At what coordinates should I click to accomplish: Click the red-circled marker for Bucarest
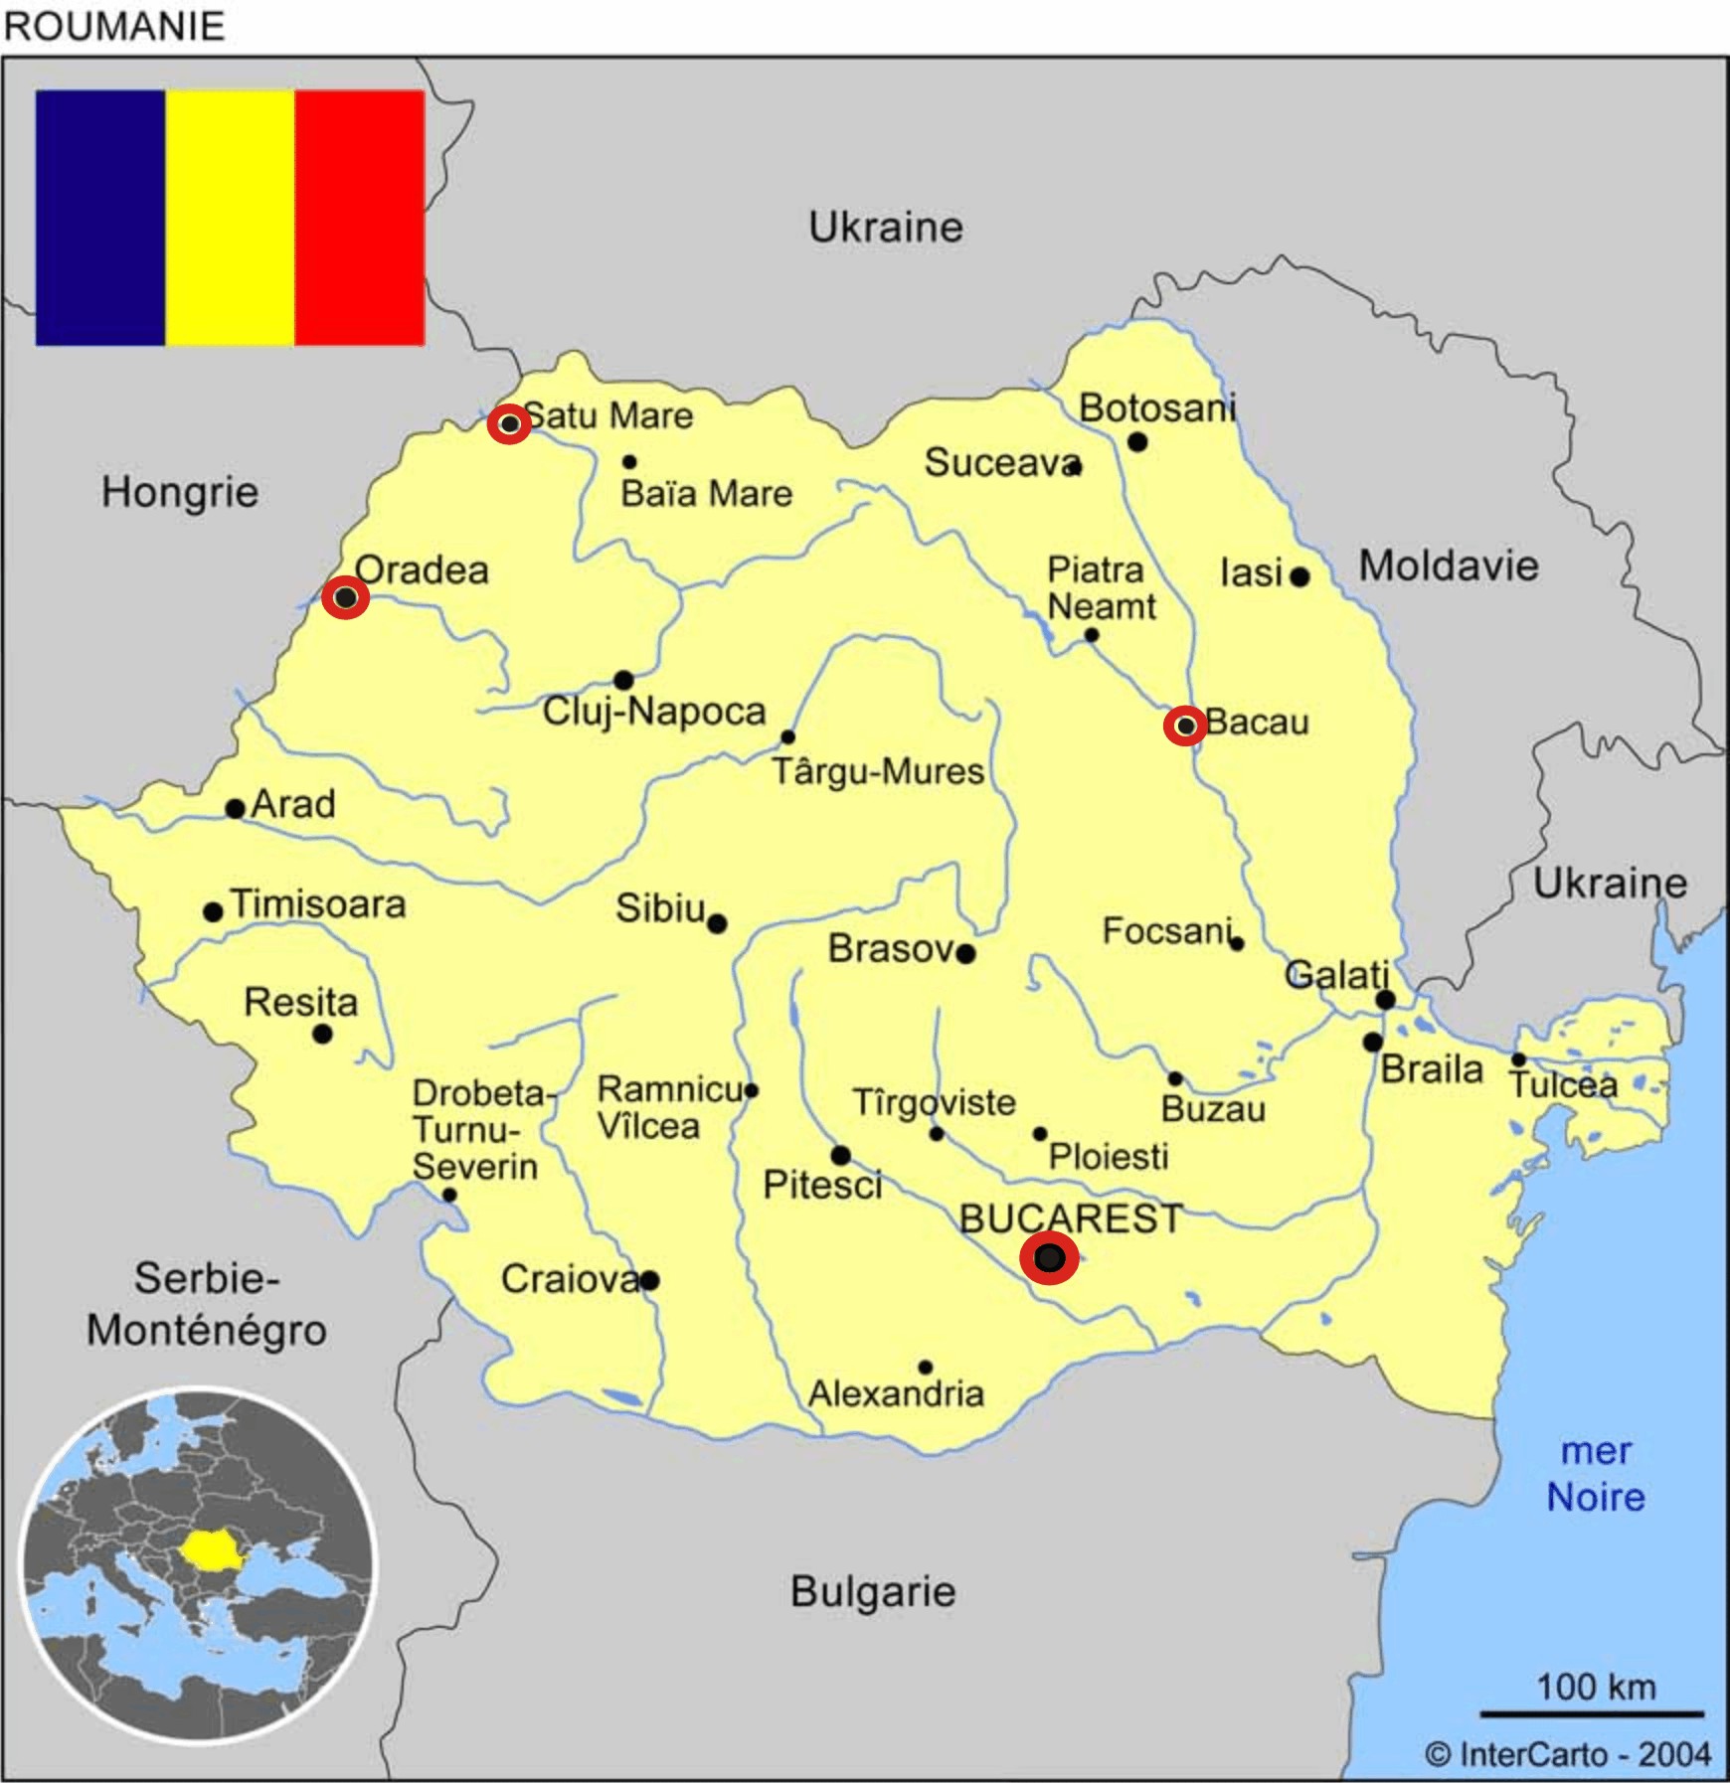pos(1049,1258)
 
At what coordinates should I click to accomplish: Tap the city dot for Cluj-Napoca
pos(623,681)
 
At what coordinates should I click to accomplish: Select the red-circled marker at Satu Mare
pos(509,424)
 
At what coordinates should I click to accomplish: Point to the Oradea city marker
pos(345,597)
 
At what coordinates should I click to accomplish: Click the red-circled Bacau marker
pos(1185,727)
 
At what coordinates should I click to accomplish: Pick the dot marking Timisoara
pos(213,911)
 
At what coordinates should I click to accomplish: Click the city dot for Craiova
pos(649,1280)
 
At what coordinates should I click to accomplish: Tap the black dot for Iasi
pos(1299,576)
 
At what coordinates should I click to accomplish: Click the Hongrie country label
pos(180,492)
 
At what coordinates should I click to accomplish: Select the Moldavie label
pos(1449,567)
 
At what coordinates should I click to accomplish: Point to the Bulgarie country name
pos(873,1592)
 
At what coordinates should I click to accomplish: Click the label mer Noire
pos(1596,1474)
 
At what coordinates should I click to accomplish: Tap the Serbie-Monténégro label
pos(207,1304)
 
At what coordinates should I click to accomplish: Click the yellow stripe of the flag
pos(230,218)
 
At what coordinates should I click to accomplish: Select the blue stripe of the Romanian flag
pos(99,218)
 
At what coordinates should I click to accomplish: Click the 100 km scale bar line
pos(1592,1714)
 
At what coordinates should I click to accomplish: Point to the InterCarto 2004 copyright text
pos(1568,1755)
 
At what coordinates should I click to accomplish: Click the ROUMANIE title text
pos(114,26)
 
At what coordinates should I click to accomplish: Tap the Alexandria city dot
pos(925,1368)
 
